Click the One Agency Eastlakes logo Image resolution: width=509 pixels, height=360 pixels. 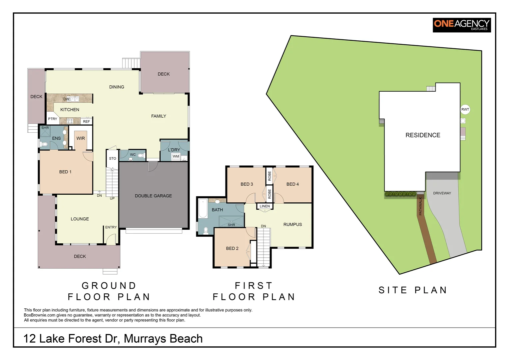point(462,25)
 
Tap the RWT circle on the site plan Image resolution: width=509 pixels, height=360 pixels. point(465,109)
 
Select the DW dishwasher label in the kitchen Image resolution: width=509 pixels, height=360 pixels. point(66,99)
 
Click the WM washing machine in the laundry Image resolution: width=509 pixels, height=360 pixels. point(176,156)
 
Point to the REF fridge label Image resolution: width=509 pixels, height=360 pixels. point(86,121)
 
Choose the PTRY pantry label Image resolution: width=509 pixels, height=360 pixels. point(53,119)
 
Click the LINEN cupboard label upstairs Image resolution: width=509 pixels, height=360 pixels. point(265,206)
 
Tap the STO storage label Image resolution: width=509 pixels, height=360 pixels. point(113,159)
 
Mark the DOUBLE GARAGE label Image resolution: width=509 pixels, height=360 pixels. point(153,196)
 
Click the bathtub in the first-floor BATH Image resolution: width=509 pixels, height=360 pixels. point(203,208)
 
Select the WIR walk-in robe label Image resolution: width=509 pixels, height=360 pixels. point(81,138)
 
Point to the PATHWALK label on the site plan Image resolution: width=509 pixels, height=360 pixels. point(420,206)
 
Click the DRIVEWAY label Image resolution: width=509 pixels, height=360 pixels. point(442,193)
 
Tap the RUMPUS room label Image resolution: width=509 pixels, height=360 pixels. point(293,224)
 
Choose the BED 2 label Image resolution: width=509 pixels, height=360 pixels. point(232,248)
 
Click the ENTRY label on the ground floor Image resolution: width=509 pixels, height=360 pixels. point(111,227)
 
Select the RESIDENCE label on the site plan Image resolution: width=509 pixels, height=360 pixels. point(423,135)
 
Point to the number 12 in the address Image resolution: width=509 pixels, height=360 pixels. point(30,339)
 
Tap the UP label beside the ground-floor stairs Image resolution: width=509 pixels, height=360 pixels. point(112,198)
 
